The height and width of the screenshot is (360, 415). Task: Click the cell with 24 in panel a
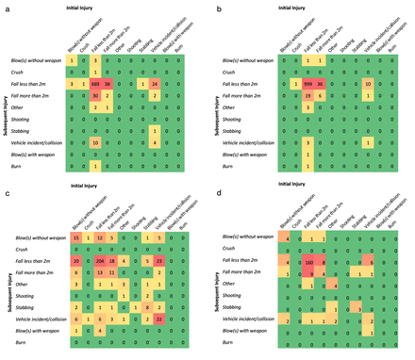pos(154,84)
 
